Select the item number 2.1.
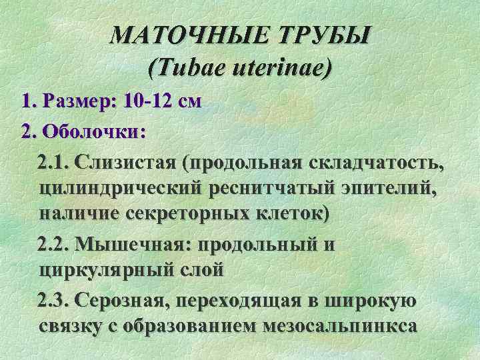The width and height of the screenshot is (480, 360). pos(55,161)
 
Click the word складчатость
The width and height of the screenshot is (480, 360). pos(371,161)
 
